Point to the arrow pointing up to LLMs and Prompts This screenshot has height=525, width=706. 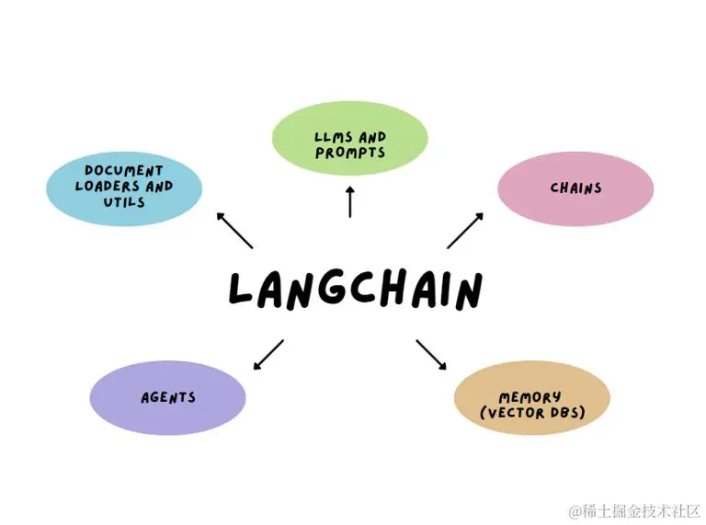(x=350, y=200)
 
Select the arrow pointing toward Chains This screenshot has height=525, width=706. (x=465, y=231)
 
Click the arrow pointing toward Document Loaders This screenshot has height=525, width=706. (x=234, y=231)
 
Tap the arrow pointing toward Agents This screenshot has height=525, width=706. (x=268, y=354)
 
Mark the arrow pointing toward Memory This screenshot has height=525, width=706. (x=431, y=354)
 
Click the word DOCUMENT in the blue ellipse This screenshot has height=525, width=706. (x=123, y=170)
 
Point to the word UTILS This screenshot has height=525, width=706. (x=123, y=200)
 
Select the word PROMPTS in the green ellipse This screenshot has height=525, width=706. (x=350, y=154)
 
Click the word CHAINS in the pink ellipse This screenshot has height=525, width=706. (x=575, y=188)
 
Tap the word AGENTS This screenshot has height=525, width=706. (x=168, y=398)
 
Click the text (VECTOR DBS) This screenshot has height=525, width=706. (x=532, y=414)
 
